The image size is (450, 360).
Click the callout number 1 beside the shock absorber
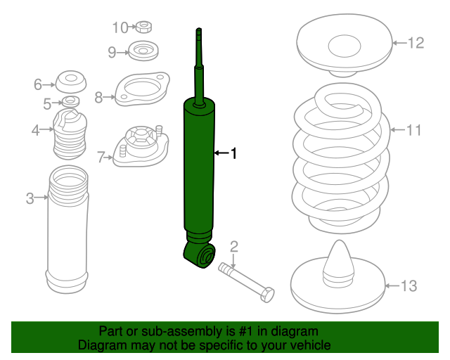pyautogui.click(x=234, y=153)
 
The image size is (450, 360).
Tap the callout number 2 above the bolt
pyautogui.click(x=234, y=247)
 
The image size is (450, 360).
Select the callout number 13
pyautogui.click(x=409, y=285)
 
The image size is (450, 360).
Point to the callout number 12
pyautogui.click(x=416, y=43)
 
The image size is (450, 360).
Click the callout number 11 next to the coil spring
pyautogui.click(x=413, y=130)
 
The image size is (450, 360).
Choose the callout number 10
pyautogui.click(x=120, y=28)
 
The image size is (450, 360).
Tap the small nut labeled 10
pyautogui.click(x=143, y=27)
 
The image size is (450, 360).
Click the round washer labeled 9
pyautogui.click(x=143, y=51)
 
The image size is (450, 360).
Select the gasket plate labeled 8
pyautogui.click(x=142, y=89)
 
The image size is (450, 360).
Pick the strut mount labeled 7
pyautogui.click(x=141, y=146)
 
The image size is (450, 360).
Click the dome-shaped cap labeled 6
pyautogui.click(x=70, y=82)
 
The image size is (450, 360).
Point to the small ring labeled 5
pyautogui.click(x=70, y=101)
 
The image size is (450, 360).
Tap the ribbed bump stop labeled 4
pyautogui.click(x=70, y=134)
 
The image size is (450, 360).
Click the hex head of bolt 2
pyautogui.click(x=267, y=295)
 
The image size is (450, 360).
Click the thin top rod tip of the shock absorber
pyautogui.click(x=199, y=29)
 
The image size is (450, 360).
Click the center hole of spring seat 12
pyautogui.click(x=345, y=46)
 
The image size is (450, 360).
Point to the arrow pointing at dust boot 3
pyautogui.click(x=41, y=197)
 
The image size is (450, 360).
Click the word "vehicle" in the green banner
pyautogui.click(x=313, y=345)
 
